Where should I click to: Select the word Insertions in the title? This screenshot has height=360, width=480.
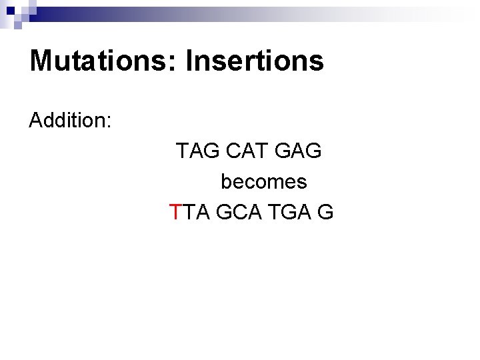pyautogui.click(x=255, y=61)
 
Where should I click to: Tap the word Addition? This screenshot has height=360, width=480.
pyautogui.click(x=69, y=121)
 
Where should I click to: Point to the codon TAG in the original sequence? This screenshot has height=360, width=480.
pyautogui.click(x=198, y=151)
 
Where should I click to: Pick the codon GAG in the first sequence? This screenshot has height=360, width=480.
pyautogui.click(x=298, y=151)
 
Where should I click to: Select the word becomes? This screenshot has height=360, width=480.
pyautogui.click(x=263, y=181)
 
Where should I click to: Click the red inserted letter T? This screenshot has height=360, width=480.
pyautogui.click(x=175, y=212)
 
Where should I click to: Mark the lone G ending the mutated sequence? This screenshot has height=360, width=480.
pyautogui.click(x=326, y=212)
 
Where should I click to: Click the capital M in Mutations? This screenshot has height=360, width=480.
pyautogui.click(x=41, y=61)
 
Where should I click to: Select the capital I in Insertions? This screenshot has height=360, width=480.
pyautogui.click(x=189, y=61)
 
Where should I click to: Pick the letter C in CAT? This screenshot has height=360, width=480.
pyautogui.click(x=234, y=151)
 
